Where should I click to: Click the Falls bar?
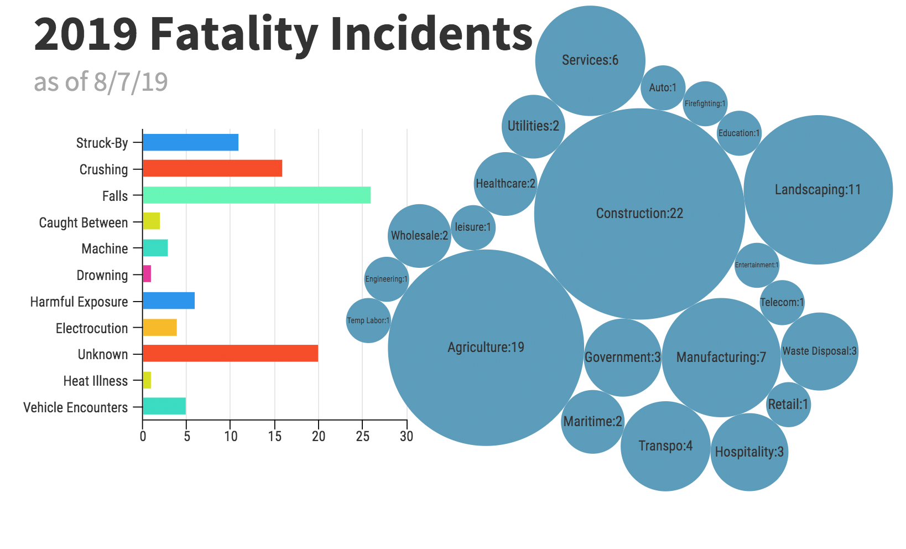coord(257,195)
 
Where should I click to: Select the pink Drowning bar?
coord(147,274)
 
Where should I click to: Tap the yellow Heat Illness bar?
coord(147,380)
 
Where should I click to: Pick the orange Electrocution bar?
coord(160,328)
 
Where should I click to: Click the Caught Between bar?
coord(152,221)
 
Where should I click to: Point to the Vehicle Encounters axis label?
coord(75,408)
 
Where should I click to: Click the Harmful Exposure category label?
coord(79,302)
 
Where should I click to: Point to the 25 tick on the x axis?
coord(362,436)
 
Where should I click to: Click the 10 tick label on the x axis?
coord(231,436)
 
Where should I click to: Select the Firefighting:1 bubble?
coord(705,103)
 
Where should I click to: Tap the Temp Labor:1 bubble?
coord(368,320)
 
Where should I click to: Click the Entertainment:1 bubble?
coord(757,265)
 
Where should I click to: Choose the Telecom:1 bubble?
coord(782,303)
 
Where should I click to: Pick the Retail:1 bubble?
coord(788,405)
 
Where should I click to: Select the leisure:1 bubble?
coord(473,227)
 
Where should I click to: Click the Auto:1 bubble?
coord(663,87)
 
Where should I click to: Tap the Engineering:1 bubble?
coord(386,279)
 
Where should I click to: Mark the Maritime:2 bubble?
coord(592,422)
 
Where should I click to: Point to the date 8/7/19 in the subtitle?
coord(131,82)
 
